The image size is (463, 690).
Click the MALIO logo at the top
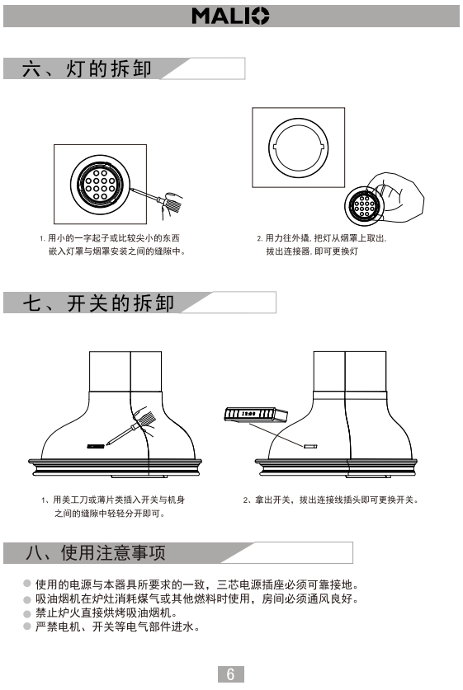(230, 16)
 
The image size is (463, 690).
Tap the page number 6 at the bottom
(230, 674)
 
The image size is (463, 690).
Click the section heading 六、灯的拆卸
(87, 69)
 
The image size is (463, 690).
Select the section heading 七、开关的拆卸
(99, 303)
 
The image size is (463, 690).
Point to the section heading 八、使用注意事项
(96, 552)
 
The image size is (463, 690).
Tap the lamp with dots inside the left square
(101, 185)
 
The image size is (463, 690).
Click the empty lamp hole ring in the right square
(298, 148)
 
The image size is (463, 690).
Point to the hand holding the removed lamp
(395, 194)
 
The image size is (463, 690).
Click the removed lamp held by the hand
(364, 205)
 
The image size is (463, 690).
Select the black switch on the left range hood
(96, 446)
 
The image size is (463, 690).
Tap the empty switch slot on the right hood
(310, 446)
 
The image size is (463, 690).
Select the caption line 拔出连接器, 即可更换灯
(312, 251)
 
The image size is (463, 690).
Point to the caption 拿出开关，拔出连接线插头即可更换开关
(330, 500)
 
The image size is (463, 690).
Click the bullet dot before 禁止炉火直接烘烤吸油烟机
(27, 613)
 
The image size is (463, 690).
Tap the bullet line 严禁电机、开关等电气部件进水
(117, 627)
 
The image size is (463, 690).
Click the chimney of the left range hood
(125, 372)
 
